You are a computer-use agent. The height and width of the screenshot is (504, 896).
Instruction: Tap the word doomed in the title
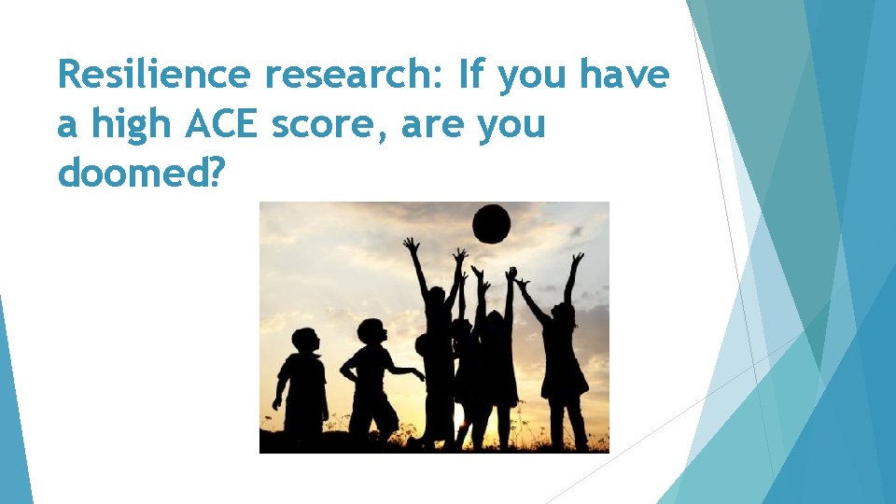click(x=132, y=173)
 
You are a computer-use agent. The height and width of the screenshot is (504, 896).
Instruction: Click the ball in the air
click(x=492, y=224)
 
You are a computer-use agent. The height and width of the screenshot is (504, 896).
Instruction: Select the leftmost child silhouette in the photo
click(x=302, y=383)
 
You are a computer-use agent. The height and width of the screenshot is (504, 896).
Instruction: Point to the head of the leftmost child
click(x=304, y=341)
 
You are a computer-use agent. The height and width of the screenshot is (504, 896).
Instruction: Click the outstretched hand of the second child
click(x=418, y=373)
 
